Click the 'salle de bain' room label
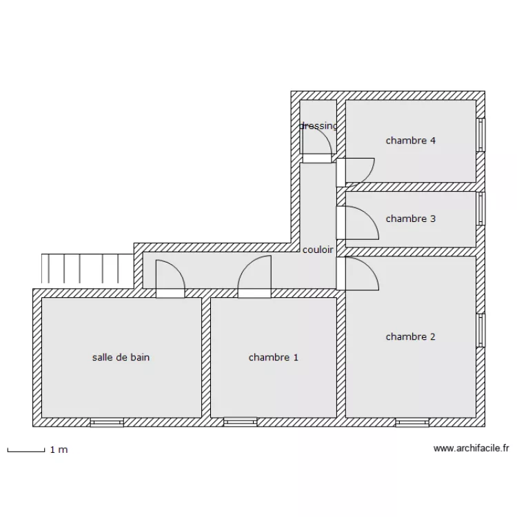tap(121, 357)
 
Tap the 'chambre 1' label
tap(274, 357)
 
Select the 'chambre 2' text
tap(411, 336)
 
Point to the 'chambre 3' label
tap(411, 219)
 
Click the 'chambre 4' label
tap(411, 141)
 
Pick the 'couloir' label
tap(318, 250)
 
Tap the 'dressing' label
tap(318, 126)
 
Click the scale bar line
tap(26, 450)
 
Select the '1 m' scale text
tap(59, 449)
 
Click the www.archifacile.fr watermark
tap(472, 449)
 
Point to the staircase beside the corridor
tap(88, 268)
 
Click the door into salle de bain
tap(170, 279)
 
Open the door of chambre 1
tap(254, 276)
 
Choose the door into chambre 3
tap(357, 223)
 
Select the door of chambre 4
tap(355, 172)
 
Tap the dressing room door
tap(317, 145)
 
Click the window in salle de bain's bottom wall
tap(107, 423)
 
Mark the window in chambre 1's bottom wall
tap(240, 423)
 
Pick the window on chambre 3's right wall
tap(481, 209)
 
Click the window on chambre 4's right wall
tap(481, 135)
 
